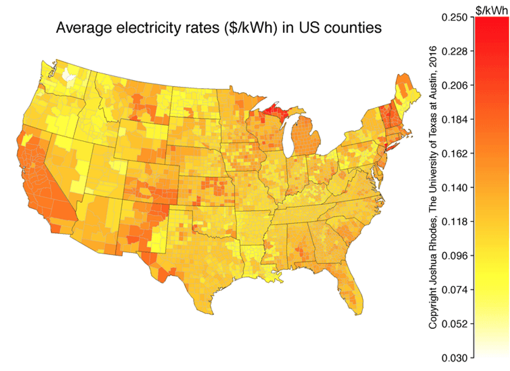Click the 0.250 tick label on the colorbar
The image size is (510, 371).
click(x=456, y=18)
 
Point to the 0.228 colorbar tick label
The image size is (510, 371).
click(x=456, y=52)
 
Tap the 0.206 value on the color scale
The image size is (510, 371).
click(x=456, y=85)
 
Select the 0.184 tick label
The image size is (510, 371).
click(x=456, y=119)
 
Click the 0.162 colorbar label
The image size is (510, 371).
click(x=456, y=154)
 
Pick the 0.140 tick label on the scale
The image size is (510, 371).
click(x=456, y=188)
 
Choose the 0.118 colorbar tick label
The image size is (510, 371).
click(x=456, y=221)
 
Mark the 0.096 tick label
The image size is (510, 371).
click(x=456, y=255)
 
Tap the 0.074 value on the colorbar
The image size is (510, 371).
click(x=456, y=290)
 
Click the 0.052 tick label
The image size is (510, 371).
click(x=456, y=324)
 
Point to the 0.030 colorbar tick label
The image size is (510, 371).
click(x=456, y=357)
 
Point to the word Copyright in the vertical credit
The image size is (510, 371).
click(x=433, y=305)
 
